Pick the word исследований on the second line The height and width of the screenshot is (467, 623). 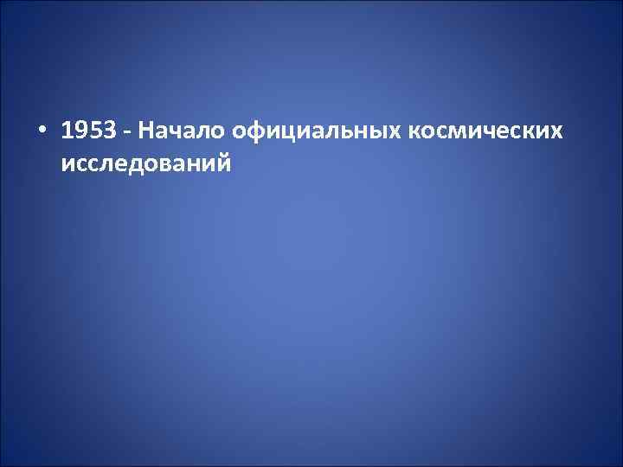pyautogui.click(x=146, y=162)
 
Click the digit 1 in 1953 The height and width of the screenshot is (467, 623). pyautogui.click(x=67, y=131)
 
